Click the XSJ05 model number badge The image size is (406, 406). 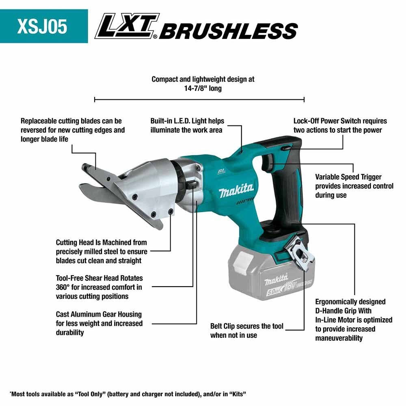42,26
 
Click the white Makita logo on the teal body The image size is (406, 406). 236,190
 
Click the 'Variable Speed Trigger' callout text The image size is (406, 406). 348,177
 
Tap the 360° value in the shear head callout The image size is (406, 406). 64,287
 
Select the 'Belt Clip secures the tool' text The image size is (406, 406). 247,326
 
